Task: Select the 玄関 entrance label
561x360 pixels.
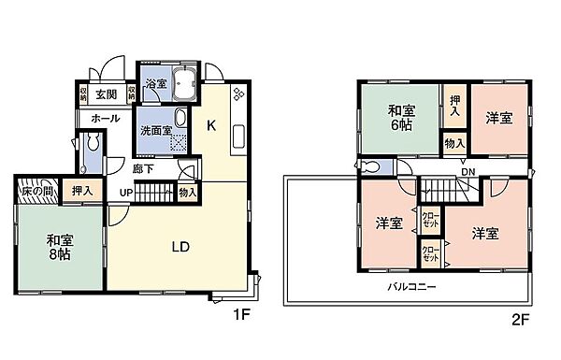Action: click(x=105, y=94)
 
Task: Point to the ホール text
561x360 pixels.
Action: click(x=105, y=120)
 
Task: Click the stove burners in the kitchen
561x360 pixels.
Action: click(x=237, y=95)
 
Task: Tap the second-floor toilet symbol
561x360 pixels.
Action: click(x=372, y=166)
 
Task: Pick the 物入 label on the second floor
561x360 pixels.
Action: click(x=454, y=143)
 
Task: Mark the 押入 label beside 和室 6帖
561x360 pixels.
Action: click(x=454, y=105)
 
